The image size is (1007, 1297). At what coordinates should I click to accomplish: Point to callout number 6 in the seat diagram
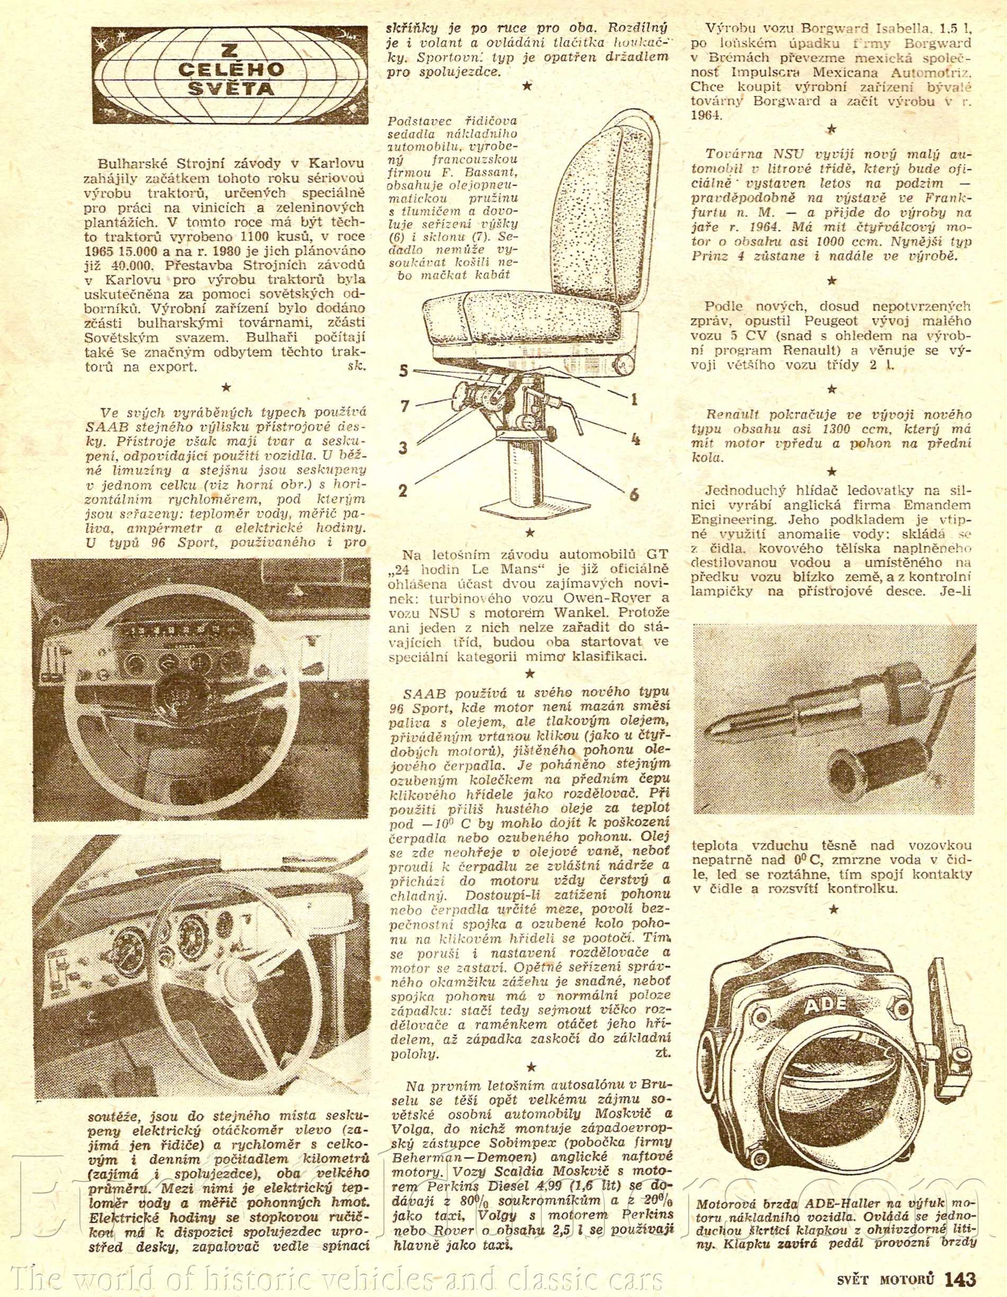coord(634,494)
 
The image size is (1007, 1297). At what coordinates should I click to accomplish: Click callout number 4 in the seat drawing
coord(635,440)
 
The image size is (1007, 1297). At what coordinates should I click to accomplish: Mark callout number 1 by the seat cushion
coord(634,400)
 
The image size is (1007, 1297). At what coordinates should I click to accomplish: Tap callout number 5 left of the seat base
coord(404,372)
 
